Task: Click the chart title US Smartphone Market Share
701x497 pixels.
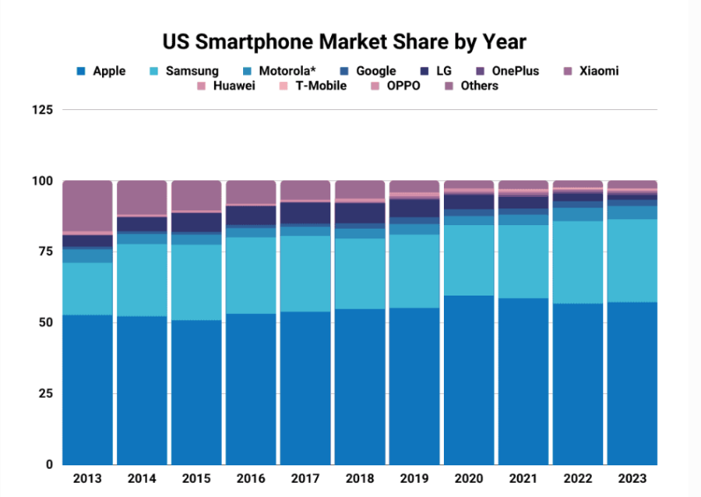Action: [x=344, y=41]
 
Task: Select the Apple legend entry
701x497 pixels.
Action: [x=101, y=70]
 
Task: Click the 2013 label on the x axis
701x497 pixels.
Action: [x=87, y=479]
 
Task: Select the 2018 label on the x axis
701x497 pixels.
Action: [x=359, y=479]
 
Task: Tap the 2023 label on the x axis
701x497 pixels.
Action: [x=632, y=479]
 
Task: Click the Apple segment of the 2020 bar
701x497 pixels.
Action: [x=469, y=379]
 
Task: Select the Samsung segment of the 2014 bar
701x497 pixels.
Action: [x=142, y=280]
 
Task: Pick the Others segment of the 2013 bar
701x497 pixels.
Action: [x=87, y=206]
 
